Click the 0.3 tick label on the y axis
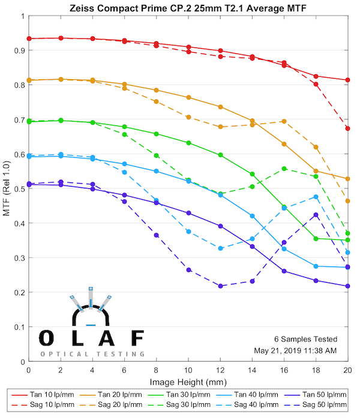click(x=18, y=259)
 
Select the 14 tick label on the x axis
click(x=252, y=371)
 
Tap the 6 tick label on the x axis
click(x=124, y=371)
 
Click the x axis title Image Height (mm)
click(x=188, y=382)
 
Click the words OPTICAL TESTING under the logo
click(x=92, y=354)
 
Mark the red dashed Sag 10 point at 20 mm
click(x=348, y=128)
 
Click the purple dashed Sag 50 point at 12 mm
click(x=220, y=286)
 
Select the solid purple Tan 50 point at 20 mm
click(x=348, y=286)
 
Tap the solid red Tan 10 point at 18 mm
click(x=316, y=76)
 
